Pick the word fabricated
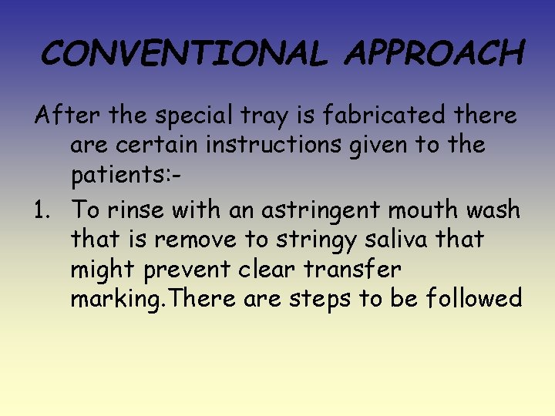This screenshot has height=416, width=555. pyautogui.click(x=392, y=116)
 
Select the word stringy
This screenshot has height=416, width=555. pyautogui.click(x=318, y=240)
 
